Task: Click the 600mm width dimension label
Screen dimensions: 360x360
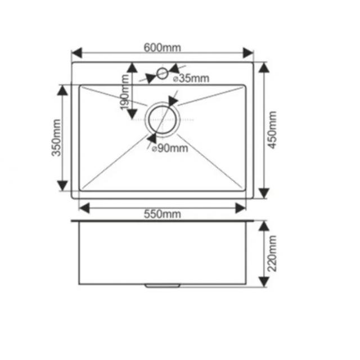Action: [163, 48]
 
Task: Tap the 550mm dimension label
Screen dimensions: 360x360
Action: [163, 214]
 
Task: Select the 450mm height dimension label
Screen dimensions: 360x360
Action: [272, 130]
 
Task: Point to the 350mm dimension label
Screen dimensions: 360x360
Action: [56, 138]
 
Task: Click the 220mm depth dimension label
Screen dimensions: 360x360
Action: [272, 254]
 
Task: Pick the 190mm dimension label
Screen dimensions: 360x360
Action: [125, 92]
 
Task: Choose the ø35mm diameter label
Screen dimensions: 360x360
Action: [191, 78]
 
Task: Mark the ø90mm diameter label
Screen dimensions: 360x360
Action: [170, 148]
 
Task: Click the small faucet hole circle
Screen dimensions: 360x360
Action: [163, 74]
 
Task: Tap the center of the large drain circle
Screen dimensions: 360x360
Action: [163, 119]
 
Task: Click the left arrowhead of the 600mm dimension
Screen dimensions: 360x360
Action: [77, 53]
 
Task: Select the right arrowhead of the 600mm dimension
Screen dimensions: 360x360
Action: [248, 53]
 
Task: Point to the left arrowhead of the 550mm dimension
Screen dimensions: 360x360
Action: [84, 208]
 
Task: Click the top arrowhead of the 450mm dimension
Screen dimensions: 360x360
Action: [264, 67]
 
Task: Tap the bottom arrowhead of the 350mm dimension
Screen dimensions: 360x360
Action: [62, 186]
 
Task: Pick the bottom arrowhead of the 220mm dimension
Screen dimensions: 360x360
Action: [264, 282]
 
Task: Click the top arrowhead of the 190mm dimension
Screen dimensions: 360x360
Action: [132, 67]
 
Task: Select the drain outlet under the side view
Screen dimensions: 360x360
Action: [163, 286]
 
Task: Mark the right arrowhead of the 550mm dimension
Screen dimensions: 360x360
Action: [241, 208]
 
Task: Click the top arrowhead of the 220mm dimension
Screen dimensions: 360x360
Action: [264, 226]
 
